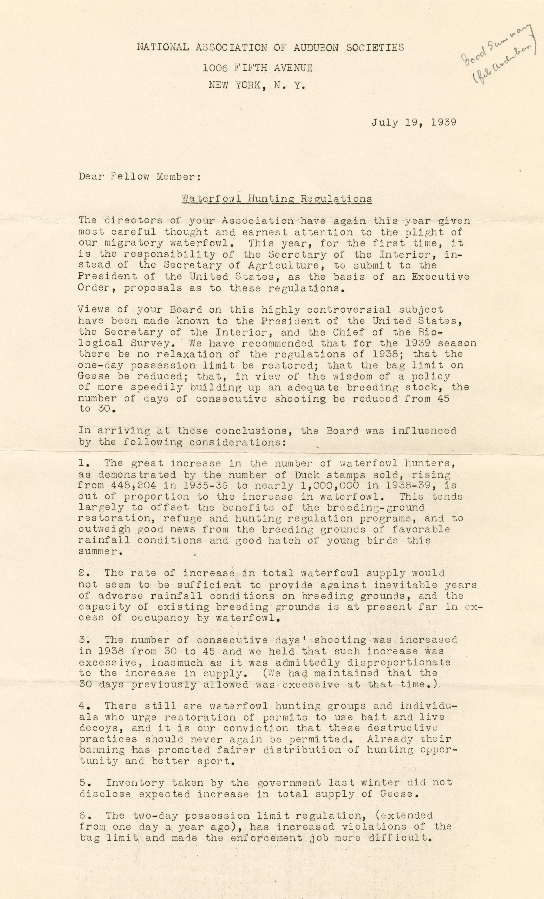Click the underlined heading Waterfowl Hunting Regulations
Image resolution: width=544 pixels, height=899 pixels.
pos(277,199)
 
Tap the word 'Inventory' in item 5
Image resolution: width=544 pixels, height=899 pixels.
pos(136,783)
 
